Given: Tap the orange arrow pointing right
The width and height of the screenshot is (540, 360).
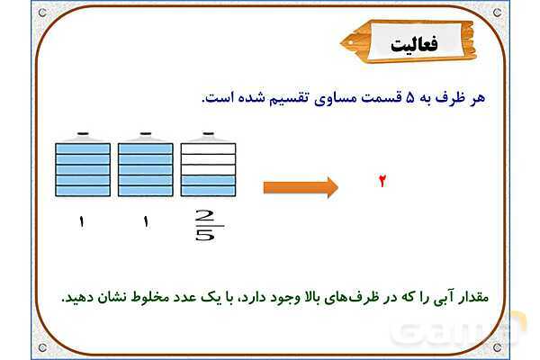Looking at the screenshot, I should pyautogui.click(x=301, y=187).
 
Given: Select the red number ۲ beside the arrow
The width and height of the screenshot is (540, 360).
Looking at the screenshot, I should pyautogui.click(x=382, y=182).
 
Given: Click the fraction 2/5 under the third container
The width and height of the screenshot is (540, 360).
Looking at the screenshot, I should pyautogui.click(x=205, y=225).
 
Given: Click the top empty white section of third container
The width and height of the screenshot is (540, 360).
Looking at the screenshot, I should pyautogui.click(x=208, y=148).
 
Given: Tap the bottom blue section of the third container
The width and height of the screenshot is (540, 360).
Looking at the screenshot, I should pyautogui.click(x=208, y=190).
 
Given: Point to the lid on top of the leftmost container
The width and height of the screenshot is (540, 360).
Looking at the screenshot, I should pyautogui.click(x=83, y=135).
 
